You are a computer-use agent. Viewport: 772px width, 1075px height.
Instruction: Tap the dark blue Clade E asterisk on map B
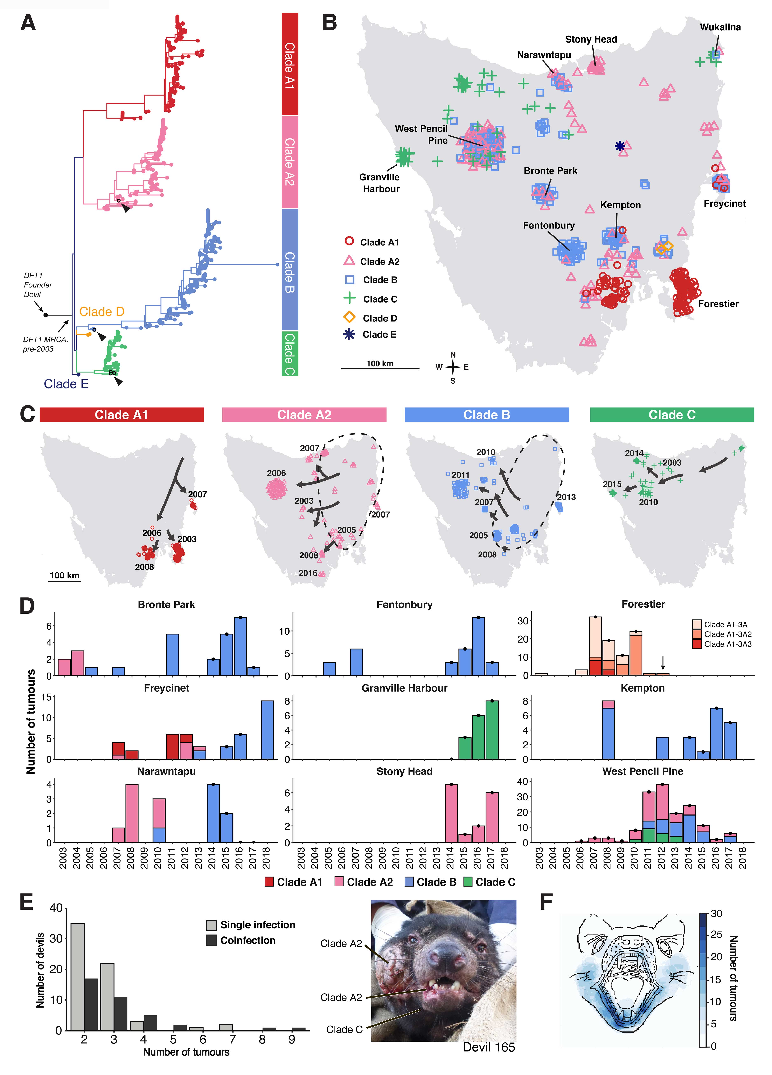[x=619, y=146]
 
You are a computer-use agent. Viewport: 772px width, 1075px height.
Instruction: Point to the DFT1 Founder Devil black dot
[x=46, y=315]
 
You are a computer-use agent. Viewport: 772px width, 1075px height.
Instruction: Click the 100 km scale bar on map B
[x=380, y=368]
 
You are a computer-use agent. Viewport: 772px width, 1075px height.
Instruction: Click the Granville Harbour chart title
[x=404, y=688]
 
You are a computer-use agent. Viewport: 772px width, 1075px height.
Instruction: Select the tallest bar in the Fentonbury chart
[x=478, y=646]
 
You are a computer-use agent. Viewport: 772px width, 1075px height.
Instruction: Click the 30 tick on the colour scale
[x=716, y=914]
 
